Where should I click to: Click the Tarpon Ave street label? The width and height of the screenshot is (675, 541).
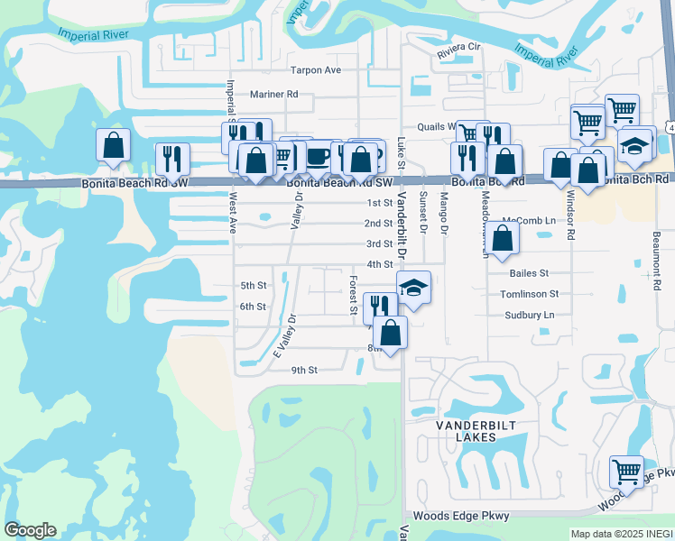click(315, 70)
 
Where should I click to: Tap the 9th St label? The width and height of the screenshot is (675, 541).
click(304, 370)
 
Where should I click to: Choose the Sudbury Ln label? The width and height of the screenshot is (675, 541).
click(530, 315)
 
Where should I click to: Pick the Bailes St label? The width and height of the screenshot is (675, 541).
click(529, 272)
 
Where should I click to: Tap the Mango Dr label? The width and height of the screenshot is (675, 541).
click(444, 215)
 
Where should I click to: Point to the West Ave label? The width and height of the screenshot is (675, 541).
click(233, 213)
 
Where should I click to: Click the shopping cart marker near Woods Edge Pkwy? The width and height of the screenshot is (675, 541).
click(626, 471)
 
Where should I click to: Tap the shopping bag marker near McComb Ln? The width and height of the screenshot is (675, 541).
click(505, 239)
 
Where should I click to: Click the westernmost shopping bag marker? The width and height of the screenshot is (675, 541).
click(114, 144)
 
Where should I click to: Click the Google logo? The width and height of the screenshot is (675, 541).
click(30, 531)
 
